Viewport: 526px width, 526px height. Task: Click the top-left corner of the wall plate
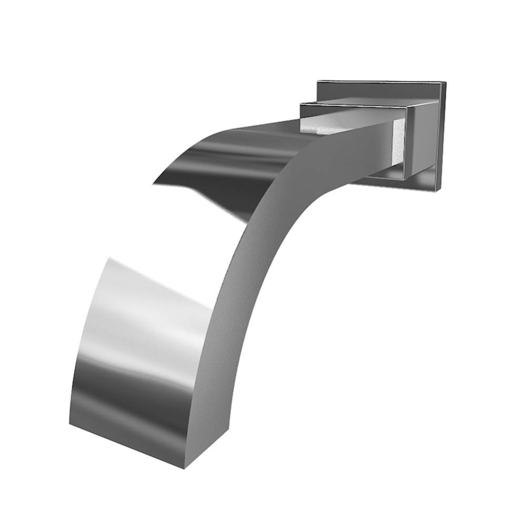pos(317,81)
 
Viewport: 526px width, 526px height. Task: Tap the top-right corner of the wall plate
pos(446,83)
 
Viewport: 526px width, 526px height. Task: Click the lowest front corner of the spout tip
pos(184,468)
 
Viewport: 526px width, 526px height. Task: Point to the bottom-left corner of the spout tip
pos(70,423)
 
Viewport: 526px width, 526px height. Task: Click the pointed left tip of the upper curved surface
pos(154,184)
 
